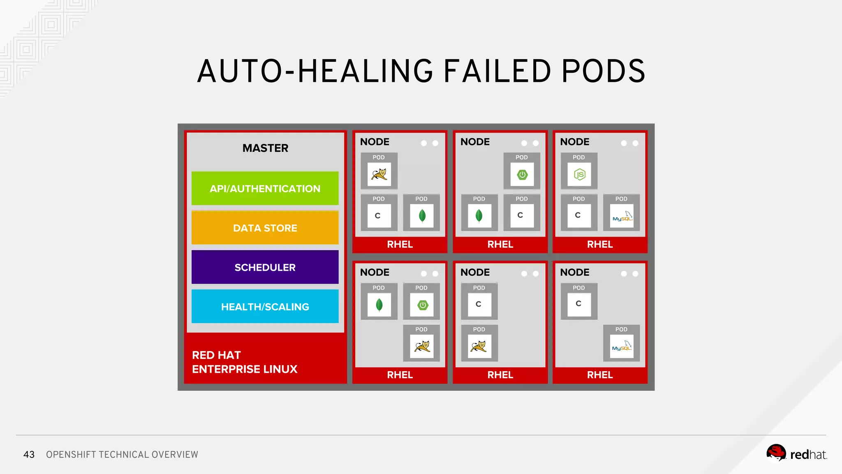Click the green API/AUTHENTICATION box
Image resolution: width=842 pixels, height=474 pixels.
265,188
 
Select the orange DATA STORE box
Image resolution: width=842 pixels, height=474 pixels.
265,228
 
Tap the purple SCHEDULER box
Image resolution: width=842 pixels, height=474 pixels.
265,267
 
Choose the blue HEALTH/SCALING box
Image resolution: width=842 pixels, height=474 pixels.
265,307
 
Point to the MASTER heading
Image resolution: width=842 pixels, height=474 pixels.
265,148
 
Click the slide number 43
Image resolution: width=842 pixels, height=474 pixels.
29,455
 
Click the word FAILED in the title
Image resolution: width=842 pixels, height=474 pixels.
497,71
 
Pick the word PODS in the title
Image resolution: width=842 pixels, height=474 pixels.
603,71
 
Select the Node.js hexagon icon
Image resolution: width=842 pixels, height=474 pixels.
579,174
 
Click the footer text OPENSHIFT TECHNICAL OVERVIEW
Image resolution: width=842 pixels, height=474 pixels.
122,455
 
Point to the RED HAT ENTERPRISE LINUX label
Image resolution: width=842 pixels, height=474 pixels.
245,362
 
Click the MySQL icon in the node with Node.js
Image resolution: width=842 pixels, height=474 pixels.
622,216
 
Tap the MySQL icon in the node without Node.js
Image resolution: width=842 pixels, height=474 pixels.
622,346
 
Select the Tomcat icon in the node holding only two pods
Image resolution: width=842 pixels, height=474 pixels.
479,346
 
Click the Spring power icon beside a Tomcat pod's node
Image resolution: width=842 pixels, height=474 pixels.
423,305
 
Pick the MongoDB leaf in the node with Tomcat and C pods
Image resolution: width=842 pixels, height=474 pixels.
422,216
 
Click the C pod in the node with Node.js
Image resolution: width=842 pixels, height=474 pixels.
578,215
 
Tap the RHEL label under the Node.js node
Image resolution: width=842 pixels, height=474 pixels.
600,244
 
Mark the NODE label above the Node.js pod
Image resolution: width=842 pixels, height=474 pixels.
575,142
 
